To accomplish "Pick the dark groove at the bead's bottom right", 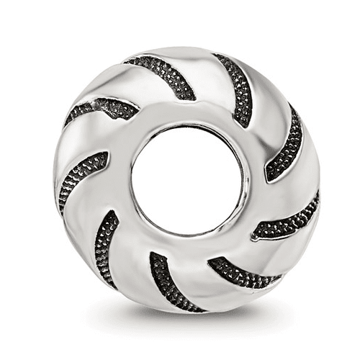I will (x=241, y=272).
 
